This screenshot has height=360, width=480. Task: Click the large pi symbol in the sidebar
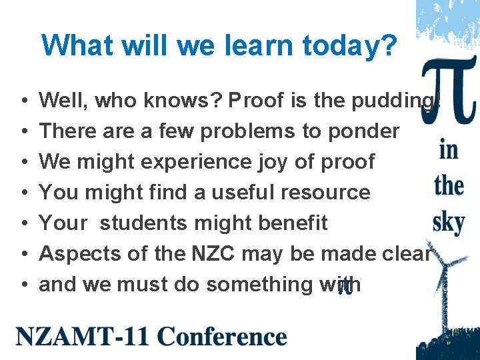(x=447, y=93)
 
